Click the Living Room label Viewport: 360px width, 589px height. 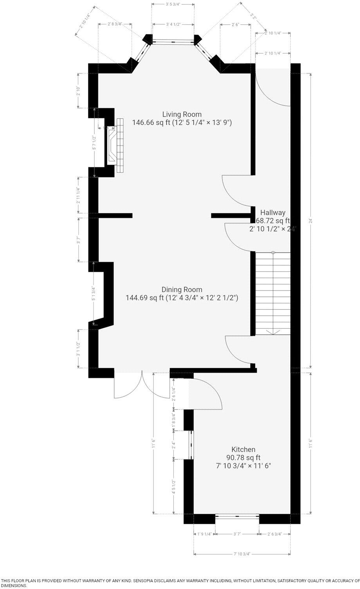[x=182, y=114]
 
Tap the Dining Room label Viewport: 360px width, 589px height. [x=182, y=289]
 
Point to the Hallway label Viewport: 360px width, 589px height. [x=274, y=213]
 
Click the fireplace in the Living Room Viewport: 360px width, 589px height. [x=114, y=145]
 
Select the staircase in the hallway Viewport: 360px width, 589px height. [x=273, y=293]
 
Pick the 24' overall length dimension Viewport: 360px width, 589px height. [x=311, y=220]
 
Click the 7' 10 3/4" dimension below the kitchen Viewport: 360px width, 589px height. [x=242, y=554]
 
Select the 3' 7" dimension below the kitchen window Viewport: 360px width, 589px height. [x=237, y=534]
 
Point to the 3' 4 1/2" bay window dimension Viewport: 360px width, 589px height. [x=173, y=25]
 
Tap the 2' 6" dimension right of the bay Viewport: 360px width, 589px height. [x=235, y=25]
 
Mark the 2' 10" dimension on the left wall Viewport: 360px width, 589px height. [x=78, y=90]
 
